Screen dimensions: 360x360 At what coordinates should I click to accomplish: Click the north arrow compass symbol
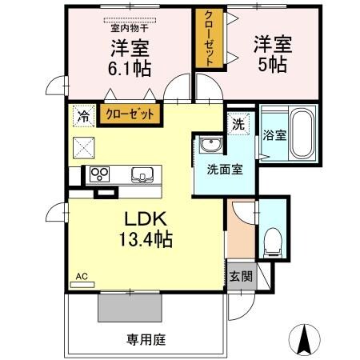pos(304,339)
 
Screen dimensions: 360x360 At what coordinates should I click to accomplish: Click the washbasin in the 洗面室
pos(212,146)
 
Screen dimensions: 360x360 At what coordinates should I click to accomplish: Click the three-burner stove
pos(101,174)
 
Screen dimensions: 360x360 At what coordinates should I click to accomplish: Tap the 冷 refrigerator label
pos(82,114)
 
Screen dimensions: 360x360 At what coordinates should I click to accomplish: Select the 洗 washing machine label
pos(238,124)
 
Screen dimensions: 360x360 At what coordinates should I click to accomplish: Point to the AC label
pos(81,277)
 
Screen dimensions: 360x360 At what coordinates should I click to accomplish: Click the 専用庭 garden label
pos(145,339)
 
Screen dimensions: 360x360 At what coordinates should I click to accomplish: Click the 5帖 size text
pos(273,65)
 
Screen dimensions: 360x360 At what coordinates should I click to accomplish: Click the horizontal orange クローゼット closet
pos(130,114)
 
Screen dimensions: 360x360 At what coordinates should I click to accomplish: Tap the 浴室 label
pos(274,135)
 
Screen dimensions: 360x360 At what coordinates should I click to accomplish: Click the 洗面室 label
pos(219,169)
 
